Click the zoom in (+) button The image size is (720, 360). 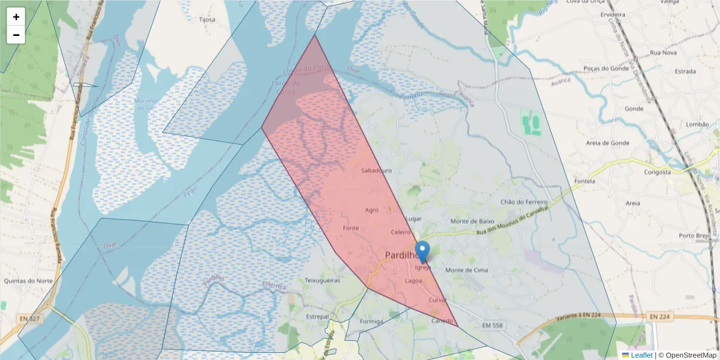click(x=16, y=17)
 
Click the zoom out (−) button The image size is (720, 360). click(x=16, y=35)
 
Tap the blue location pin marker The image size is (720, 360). click(x=422, y=251)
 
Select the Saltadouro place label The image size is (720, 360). click(x=376, y=170)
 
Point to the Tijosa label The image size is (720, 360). click(x=207, y=19)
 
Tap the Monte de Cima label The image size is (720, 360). click(x=466, y=270)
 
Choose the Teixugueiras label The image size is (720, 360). click(x=323, y=280)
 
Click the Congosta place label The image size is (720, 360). click(x=656, y=172)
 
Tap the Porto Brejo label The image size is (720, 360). click(x=695, y=235)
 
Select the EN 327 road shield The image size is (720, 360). click(x=29, y=319)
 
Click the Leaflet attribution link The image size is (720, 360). click(x=641, y=355)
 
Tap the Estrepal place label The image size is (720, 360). click(x=317, y=316)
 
